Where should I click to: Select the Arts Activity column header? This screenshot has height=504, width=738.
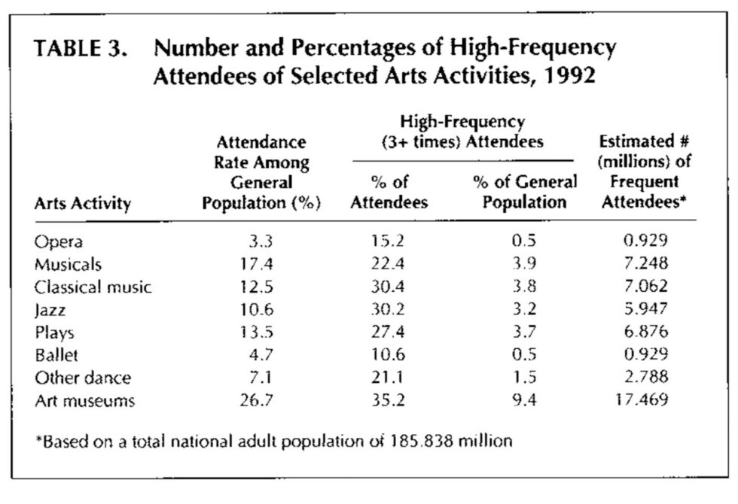[x=82, y=204]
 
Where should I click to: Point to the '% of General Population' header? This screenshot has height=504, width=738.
[x=525, y=192]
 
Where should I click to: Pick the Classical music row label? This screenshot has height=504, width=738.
[x=93, y=287]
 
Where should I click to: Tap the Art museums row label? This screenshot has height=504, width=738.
[x=84, y=401]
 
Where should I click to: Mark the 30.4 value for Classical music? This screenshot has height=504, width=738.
[x=389, y=287]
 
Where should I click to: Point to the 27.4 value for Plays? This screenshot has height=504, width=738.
[x=389, y=332]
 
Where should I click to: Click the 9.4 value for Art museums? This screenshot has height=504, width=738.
[x=523, y=401]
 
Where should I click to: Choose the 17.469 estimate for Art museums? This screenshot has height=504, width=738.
[x=642, y=401]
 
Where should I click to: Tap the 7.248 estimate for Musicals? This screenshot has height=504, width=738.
[x=645, y=265]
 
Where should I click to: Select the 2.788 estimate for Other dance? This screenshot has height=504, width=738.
[x=645, y=378]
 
